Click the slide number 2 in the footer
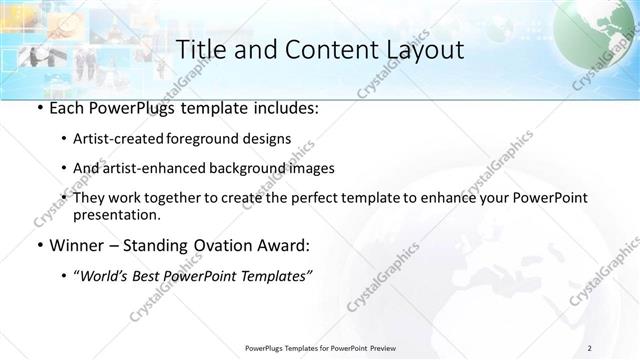[x=590, y=348]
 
